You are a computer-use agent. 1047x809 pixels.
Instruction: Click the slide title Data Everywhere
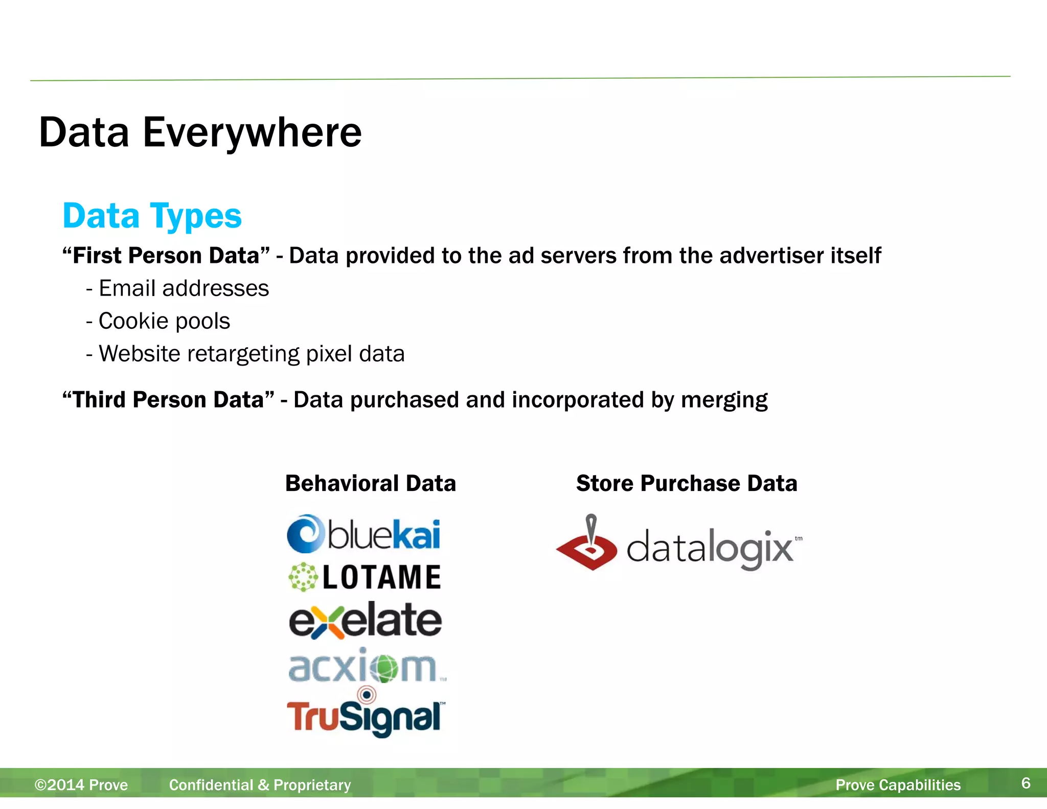tap(200, 132)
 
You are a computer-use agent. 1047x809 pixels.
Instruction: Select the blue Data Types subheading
tap(152, 216)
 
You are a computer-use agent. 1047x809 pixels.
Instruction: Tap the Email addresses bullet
tap(183, 288)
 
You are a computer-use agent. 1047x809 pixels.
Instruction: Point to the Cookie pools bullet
tap(164, 321)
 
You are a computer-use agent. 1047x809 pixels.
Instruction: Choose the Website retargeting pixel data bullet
tap(251, 354)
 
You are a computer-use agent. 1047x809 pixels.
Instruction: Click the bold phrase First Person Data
tap(166, 256)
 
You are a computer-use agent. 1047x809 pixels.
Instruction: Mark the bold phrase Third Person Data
tap(168, 400)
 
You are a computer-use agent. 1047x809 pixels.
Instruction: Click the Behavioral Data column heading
tap(370, 483)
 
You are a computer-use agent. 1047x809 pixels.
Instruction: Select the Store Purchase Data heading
tap(686, 483)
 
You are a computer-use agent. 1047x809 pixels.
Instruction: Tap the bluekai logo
tap(364, 534)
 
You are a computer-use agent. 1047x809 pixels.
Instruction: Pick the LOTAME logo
tap(365, 577)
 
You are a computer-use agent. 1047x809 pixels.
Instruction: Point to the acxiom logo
tap(366, 666)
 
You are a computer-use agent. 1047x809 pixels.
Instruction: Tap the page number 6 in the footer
tap(1026, 783)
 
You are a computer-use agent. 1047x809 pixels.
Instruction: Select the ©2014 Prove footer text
tap(81, 785)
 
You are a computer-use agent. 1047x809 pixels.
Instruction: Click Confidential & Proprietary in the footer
tap(260, 785)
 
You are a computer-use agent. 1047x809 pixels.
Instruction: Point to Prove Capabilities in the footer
tap(898, 785)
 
